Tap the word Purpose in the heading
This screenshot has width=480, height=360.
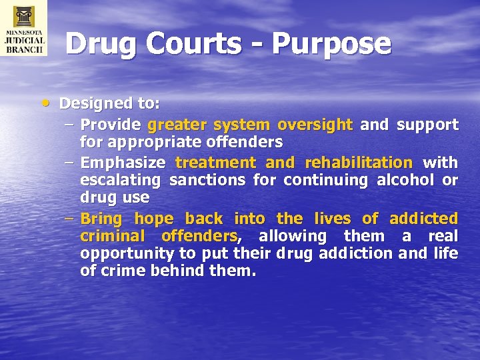point(331,44)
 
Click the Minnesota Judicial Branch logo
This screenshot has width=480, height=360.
point(23,28)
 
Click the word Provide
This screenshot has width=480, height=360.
point(110,125)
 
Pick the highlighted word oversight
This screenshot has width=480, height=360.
point(315,125)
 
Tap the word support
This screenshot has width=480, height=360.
point(427,125)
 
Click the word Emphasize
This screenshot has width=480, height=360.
point(123,163)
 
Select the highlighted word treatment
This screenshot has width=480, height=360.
point(215,163)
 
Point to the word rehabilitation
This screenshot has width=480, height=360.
point(359,163)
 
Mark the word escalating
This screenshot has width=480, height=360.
point(120,180)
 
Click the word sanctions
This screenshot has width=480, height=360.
point(205,180)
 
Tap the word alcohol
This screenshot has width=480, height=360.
point(398,180)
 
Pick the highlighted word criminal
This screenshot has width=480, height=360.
point(111,236)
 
